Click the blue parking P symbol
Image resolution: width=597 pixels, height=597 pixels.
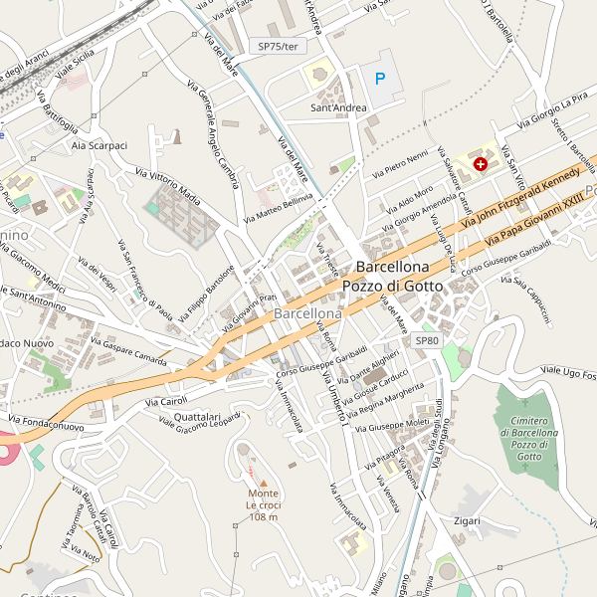tap(379, 78)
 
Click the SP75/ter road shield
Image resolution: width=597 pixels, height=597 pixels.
tap(277, 46)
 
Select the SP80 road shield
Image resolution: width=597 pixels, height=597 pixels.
tap(427, 341)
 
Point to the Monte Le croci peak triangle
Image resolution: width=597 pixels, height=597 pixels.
tap(264, 483)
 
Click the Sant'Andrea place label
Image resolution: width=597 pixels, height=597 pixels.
tap(338, 107)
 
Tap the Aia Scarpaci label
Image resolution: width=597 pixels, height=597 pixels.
tap(99, 145)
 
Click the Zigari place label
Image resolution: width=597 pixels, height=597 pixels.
tap(467, 520)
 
